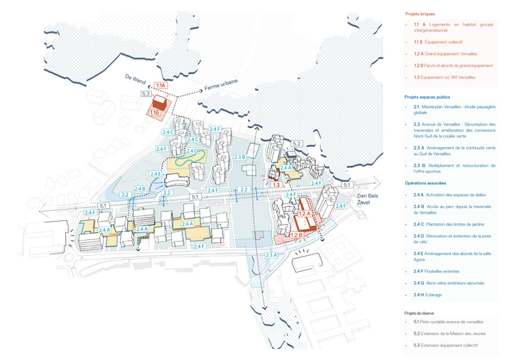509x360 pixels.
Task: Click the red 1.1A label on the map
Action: [161, 85]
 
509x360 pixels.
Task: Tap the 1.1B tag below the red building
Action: [154, 114]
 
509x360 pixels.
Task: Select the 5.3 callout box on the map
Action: [146, 95]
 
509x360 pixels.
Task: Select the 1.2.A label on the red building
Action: [305, 214]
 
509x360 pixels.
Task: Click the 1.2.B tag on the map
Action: [296, 235]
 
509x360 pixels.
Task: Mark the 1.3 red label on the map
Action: [276, 184]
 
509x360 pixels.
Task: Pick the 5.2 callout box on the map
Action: [296, 143]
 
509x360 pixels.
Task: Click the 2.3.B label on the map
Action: [239, 157]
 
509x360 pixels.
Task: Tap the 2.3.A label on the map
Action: [271, 254]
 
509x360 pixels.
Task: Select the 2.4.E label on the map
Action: [156, 174]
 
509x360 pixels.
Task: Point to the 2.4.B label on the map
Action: [139, 188]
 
